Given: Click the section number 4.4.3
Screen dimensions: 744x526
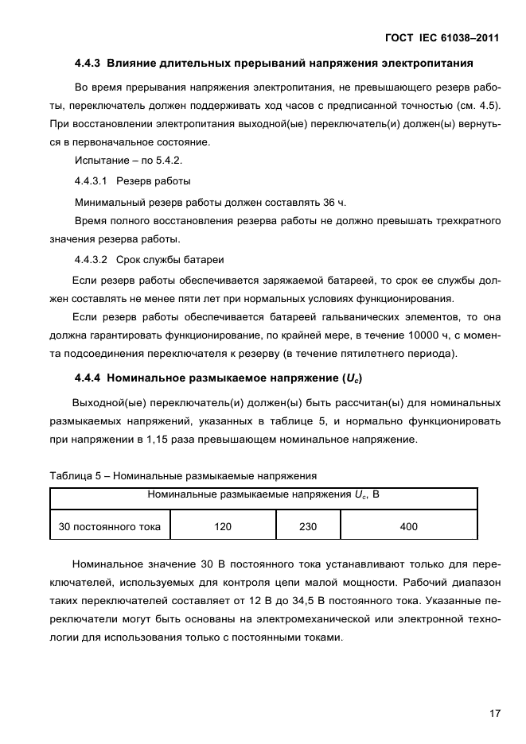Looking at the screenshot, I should tap(89, 63).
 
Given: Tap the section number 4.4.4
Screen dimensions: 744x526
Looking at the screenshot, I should tap(89, 378).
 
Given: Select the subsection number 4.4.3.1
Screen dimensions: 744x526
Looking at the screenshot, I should tap(92, 180).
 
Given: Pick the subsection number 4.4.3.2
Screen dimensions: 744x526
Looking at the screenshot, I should tap(92, 259).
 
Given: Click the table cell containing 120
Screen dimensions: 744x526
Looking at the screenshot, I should tap(223, 526).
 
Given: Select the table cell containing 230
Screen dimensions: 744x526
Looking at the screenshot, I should tap(308, 526).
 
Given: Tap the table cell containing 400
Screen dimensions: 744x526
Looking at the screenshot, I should tap(409, 526).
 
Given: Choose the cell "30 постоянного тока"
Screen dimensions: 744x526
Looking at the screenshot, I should tap(110, 526).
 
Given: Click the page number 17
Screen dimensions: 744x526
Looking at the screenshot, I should tap(494, 713).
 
